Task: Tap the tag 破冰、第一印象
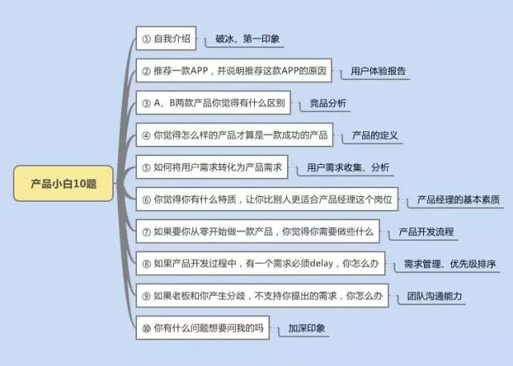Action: pos(248,38)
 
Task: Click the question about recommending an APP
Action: pos(232,70)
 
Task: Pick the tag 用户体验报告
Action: pos(379,71)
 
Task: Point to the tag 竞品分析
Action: pos(328,103)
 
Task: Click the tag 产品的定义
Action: pos(375,135)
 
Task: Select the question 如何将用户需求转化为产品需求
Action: pos(212,167)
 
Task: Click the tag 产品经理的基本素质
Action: pos(458,199)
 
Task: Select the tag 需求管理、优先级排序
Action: pos(449,263)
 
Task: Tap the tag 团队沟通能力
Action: pos(434,296)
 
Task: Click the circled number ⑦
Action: pos(146,231)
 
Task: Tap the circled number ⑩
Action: pos(146,328)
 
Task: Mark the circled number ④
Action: pos(146,135)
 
